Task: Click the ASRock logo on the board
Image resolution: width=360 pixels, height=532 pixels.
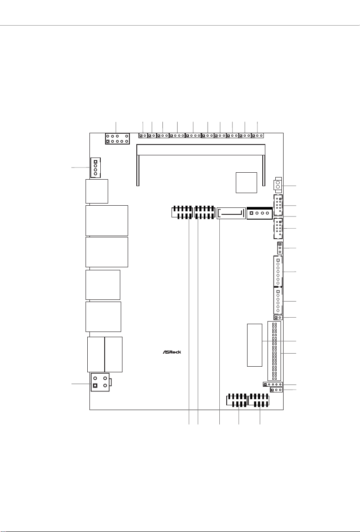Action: pyautogui.click(x=172, y=352)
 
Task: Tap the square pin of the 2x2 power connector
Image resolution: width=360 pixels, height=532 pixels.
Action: pyautogui.click(x=95, y=385)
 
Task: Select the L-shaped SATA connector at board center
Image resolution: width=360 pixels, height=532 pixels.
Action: pyautogui.click(x=231, y=213)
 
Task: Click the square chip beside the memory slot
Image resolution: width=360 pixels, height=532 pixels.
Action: pyautogui.click(x=246, y=183)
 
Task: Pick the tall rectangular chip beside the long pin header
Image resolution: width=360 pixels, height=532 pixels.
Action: pyautogui.click(x=254, y=345)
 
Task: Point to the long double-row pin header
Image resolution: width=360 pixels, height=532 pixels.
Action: pyautogui.click(x=274, y=351)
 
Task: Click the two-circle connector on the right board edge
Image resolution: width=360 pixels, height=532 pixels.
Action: pyautogui.click(x=278, y=185)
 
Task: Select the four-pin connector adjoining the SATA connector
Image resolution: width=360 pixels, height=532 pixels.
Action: pyautogui.click(x=260, y=213)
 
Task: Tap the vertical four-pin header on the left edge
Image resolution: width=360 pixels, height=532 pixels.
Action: pyautogui.click(x=95, y=167)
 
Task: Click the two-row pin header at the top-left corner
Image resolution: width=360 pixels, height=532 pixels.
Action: pyautogui.click(x=117, y=139)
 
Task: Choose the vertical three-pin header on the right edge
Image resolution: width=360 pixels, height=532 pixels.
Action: pyautogui.click(x=280, y=248)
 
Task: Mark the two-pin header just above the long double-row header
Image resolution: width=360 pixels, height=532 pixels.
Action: pyautogui.click(x=278, y=318)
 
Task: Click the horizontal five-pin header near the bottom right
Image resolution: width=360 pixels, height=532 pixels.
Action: pyautogui.click(x=273, y=384)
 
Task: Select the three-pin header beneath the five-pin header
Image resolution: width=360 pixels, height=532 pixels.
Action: pyautogui.click(x=276, y=390)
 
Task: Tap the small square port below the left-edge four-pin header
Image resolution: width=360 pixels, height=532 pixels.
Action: pyautogui.click(x=97, y=191)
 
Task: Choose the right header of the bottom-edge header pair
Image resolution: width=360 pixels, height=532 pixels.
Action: pyautogui.click(x=258, y=401)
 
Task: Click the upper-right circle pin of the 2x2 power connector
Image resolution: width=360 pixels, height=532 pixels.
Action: pyautogui.click(x=105, y=378)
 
